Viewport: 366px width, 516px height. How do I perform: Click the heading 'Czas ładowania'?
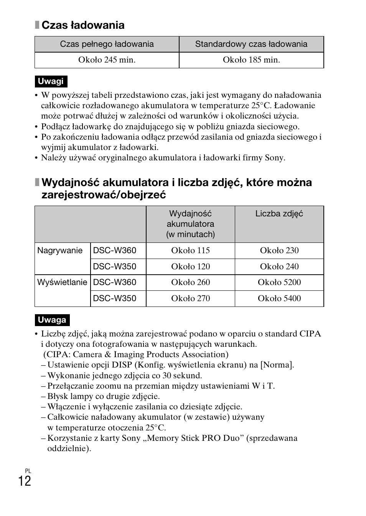tap(82, 25)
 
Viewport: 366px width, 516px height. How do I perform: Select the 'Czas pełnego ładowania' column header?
tap(107, 44)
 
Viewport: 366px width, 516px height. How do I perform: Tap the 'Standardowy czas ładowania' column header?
tap(251, 44)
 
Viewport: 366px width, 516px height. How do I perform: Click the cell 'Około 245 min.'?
tap(107, 60)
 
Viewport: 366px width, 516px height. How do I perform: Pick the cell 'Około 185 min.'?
tap(251, 60)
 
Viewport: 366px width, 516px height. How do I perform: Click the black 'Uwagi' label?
tap(51, 81)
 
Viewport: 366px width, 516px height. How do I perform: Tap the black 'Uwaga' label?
tap(52, 320)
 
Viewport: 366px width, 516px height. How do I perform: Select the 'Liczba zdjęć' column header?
tap(279, 214)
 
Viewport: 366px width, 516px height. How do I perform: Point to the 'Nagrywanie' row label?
tap(60, 251)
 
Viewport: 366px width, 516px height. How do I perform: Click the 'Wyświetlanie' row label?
tap(62, 282)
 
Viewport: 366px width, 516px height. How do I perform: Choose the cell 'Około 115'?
tap(190, 251)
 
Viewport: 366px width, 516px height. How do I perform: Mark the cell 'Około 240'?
tap(279, 267)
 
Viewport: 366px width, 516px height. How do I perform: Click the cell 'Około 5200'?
tap(279, 283)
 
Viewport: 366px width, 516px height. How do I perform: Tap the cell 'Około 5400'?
tap(279, 298)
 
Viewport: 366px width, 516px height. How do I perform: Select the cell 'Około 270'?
tap(190, 298)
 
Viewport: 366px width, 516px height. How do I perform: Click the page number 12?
tap(24, 481)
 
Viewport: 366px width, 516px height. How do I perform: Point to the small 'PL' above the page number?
tap(28, 471)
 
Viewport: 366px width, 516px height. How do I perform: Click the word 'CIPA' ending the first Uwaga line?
tap(310, 334)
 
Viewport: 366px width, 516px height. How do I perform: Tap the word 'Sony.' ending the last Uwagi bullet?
tap(275, 158)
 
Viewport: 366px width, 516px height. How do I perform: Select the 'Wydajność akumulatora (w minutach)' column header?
tap(190, 224)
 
